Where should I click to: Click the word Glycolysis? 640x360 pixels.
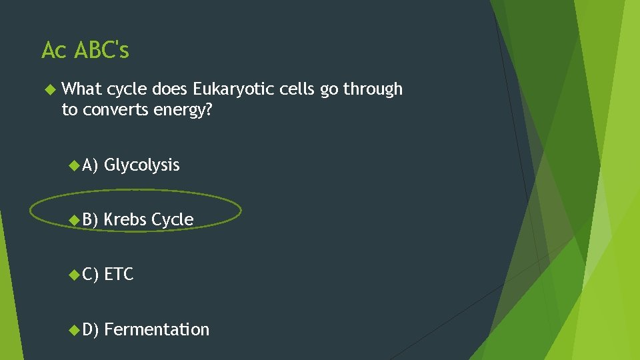point(142,165)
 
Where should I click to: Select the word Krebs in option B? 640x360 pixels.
point(125,219)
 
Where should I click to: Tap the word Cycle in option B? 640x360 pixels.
point(173,219)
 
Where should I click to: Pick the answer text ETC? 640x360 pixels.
point(119,274)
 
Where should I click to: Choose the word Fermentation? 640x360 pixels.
point(157,329)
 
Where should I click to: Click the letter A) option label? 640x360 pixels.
point(90,165)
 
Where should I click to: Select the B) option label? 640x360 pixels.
point(90,219)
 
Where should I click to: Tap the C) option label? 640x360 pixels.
point(90,274)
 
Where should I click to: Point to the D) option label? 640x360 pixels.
point(90,329)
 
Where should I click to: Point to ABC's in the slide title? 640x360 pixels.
point(102,50)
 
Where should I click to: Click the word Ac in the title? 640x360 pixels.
point(54,50)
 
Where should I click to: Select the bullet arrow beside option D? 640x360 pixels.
point(74,329)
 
